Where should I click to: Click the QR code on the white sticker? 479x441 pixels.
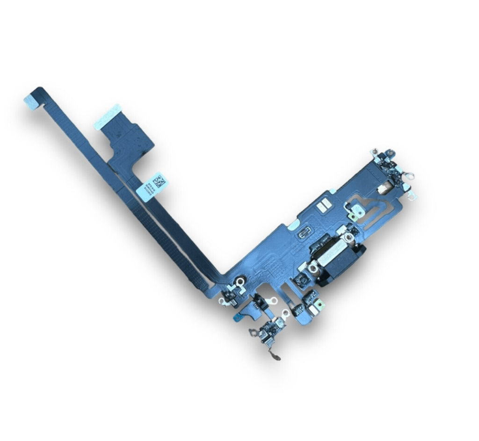coord(160,181)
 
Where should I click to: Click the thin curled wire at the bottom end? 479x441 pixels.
coord(276,358)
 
